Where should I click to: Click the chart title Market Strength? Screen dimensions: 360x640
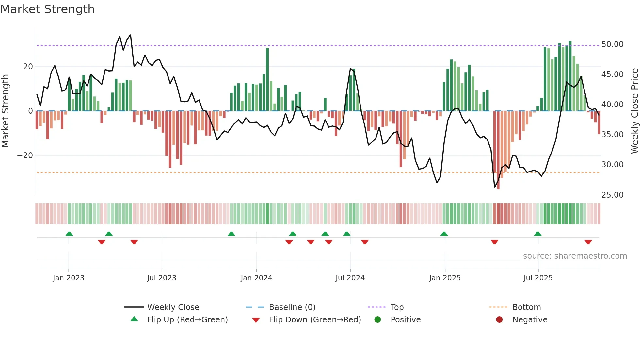click(x=47, y=9)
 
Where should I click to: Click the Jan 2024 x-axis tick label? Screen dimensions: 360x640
click(x=256, y=278)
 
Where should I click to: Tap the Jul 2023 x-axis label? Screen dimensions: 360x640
click(x=162, y=278)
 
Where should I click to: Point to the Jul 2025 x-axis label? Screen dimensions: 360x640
click(x=538, y=278)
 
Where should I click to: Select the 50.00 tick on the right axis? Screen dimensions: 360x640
click(x=612, y=44)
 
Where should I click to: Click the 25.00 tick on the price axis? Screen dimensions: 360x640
click(x=612, y=195)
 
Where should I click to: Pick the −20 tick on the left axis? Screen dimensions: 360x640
click(x=25, y=155)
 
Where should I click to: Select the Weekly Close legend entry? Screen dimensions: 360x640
click(x=173, y=307)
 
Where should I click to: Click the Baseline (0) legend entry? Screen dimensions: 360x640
click(x=292, y=307)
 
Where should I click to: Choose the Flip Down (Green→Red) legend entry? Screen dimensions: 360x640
click(x=315, y=320)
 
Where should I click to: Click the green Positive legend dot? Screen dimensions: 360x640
click(x=378, y=320)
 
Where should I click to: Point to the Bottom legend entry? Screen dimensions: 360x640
click(x=526, y=307)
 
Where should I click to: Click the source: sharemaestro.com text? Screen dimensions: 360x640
click(x=575, y=256)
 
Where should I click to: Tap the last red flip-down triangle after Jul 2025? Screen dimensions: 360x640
click(x=588, y=242)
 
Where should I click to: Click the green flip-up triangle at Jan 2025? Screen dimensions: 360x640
click(x=444, y=234)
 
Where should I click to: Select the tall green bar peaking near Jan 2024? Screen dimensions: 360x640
click(x=267, y=80)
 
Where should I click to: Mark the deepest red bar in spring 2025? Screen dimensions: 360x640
click(x=498, y=150)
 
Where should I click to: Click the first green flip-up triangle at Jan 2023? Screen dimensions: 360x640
click(x=69, y=234)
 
